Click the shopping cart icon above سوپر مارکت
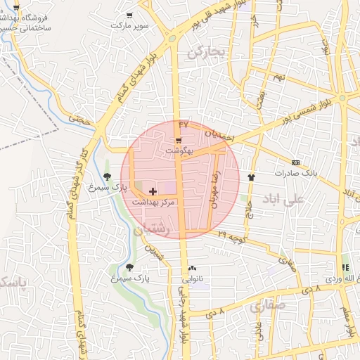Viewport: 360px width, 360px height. click(129, 15)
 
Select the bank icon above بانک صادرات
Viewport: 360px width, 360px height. click(295, 162)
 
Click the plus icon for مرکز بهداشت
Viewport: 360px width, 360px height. click(153, 191)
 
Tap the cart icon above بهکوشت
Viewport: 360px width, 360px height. click(178, 141)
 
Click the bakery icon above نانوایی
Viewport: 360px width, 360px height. click(192, 269)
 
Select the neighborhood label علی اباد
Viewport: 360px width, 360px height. click(282, 200)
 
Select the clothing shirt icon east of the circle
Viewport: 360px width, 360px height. click(252, 176)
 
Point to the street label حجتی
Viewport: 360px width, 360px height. click(84, 120)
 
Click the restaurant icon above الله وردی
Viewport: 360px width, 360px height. click(345, 268)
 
